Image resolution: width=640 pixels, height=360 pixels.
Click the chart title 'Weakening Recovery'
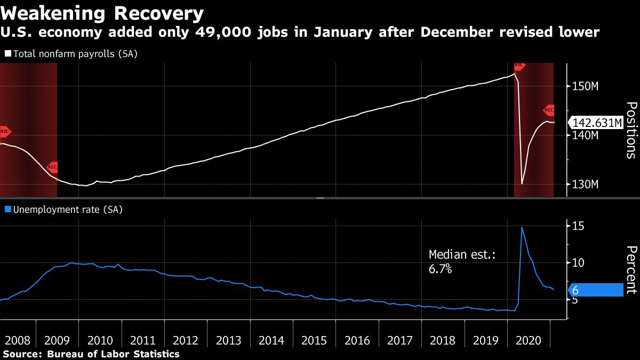(102, 12)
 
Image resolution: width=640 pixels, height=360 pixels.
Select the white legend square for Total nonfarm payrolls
(7, 54)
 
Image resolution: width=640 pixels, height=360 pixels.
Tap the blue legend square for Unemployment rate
(7, 210)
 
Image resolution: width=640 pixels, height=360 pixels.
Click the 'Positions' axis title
(630, 130)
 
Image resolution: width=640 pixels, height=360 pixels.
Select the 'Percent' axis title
(630, 270)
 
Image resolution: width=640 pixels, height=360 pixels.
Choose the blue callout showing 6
(594, 290)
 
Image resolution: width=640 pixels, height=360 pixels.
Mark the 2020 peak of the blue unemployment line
(522, 227)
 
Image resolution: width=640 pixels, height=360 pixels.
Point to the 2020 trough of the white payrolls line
(522, 184)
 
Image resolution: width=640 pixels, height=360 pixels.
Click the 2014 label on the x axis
(271, 341)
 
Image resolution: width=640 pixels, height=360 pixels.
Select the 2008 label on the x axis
(18, 341)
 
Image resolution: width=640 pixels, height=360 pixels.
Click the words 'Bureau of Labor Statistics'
(113, 354)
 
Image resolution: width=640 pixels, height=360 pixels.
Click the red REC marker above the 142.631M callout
(549, 110)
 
